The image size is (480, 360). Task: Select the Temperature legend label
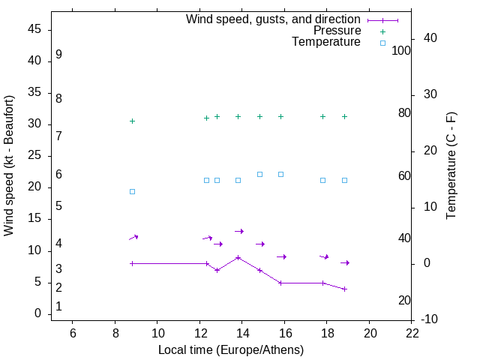tap(326, 42)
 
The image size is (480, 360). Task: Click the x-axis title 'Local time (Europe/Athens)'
tap(231, 350)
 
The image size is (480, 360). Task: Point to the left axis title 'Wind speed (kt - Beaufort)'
tap(9, 166)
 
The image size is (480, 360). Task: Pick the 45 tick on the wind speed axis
tap(34, 29)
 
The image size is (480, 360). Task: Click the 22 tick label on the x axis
tap(412, 332)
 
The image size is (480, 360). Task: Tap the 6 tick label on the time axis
tap(73, 332)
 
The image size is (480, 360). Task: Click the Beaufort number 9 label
tap(58, 55)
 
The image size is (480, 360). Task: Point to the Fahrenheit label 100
tap(402, 51)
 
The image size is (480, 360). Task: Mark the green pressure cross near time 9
tap(132, 121)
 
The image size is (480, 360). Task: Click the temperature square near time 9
tap(132, 191)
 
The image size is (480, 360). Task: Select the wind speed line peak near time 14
tap(238, 257)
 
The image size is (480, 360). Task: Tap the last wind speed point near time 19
tap(344, 289)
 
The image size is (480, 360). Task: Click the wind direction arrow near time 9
tap(133, 238)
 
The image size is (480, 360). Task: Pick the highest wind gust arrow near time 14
tap(239, 231)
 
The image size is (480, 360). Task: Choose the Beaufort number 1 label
tap(58, 307)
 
